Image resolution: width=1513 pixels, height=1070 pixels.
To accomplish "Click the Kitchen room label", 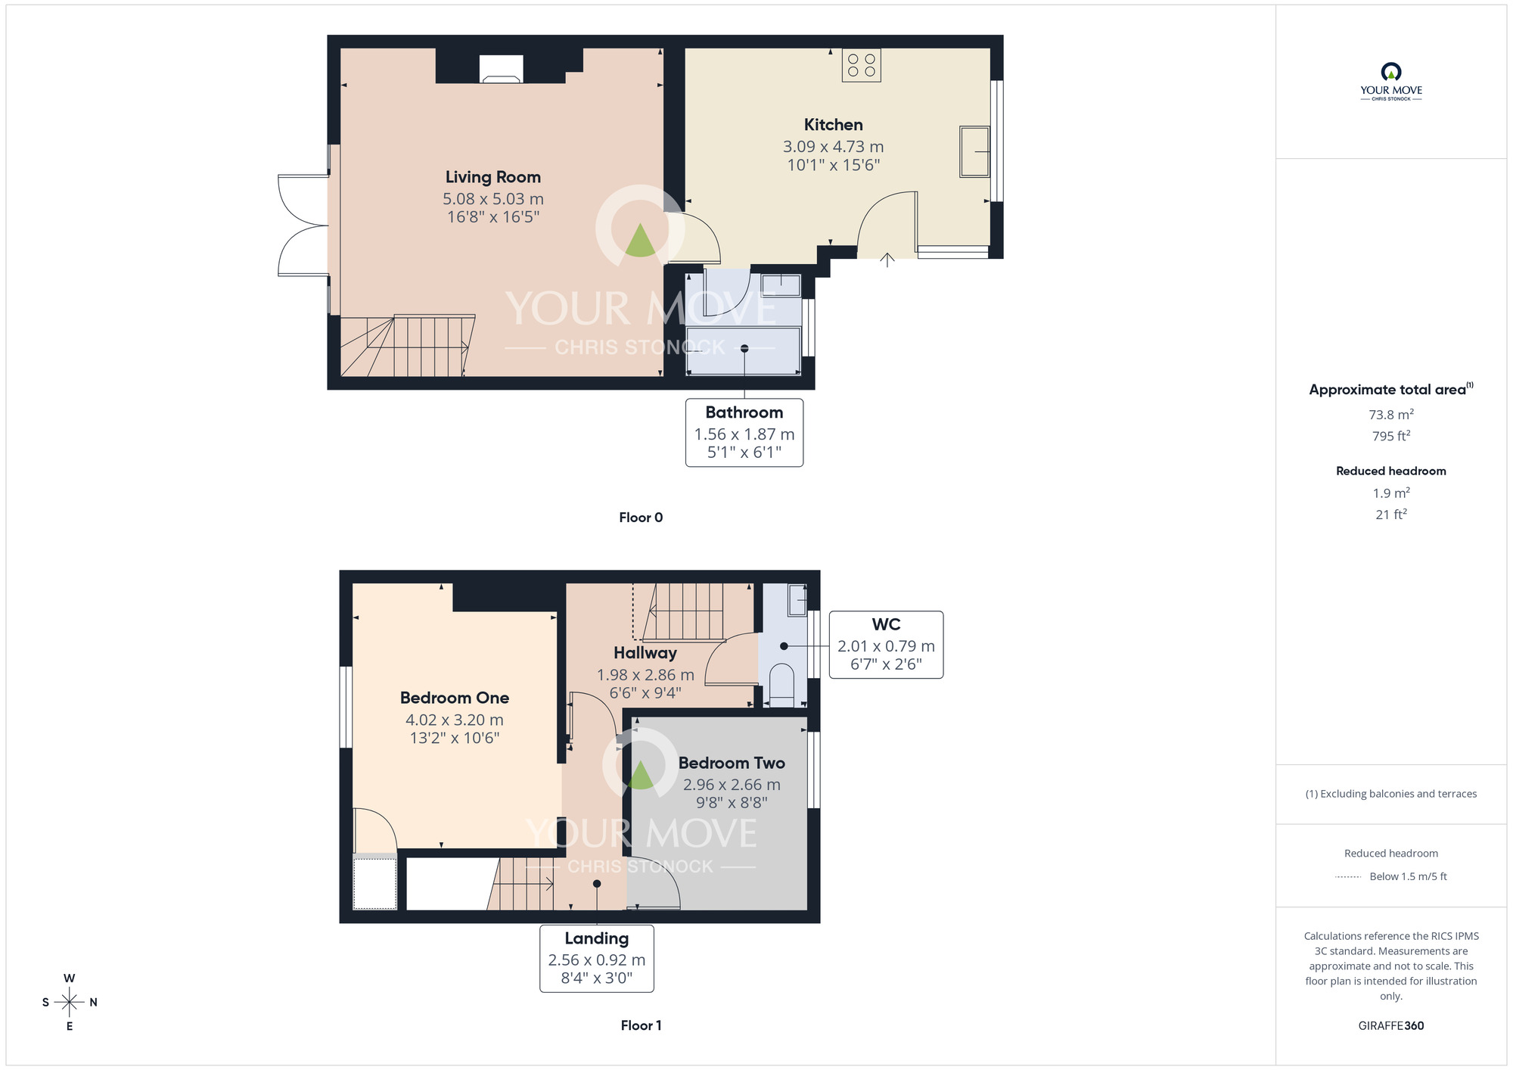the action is coord(833,125).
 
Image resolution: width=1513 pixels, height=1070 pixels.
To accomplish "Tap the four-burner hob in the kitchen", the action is coord(862,65).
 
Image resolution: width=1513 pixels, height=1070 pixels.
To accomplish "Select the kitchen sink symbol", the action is coord(975,151).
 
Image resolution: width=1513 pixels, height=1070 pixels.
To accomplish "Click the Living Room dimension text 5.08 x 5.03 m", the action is coord(493,199).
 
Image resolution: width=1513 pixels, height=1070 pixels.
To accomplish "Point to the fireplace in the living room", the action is coord(501,70).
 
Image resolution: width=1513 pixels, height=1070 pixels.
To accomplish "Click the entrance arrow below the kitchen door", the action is coord(887,260).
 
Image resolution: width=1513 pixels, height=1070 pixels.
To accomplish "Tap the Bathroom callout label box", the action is coord(744,433).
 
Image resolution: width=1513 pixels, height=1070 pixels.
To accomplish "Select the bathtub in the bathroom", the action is coord(744,350).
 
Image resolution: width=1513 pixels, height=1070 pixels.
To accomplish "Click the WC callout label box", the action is coord(886,645).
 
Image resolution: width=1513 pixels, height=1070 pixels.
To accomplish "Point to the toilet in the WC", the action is coord(781,684).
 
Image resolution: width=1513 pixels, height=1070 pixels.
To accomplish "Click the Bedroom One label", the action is coord(455,698).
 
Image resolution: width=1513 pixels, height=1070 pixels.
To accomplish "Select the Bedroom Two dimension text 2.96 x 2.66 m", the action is coord(732,785).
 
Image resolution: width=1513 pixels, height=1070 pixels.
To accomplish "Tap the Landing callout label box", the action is coord(597,958).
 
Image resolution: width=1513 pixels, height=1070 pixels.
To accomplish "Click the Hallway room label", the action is coord(645,653).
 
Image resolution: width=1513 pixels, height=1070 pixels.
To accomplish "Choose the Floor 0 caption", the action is coord(641,518).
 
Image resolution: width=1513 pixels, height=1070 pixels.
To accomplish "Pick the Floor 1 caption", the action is coord(641,1025).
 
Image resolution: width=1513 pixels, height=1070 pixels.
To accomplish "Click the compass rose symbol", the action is coord(70,1003).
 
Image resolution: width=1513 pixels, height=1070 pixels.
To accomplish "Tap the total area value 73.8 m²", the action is coord(1391,415).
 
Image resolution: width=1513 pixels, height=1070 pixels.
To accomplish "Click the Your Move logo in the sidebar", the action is coord(1391,82).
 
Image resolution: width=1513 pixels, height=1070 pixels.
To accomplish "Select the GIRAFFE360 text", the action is coord(1391,1026).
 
